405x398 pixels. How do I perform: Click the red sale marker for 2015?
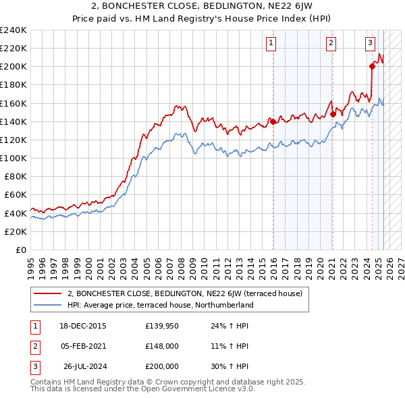click(273, 121)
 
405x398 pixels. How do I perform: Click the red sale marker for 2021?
click(333, 115)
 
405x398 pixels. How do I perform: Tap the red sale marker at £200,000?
click(372, 66)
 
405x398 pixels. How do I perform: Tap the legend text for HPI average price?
click(160, 305)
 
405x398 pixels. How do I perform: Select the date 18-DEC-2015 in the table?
click(83, 326)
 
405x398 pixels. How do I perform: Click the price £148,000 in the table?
click(161, 346)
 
